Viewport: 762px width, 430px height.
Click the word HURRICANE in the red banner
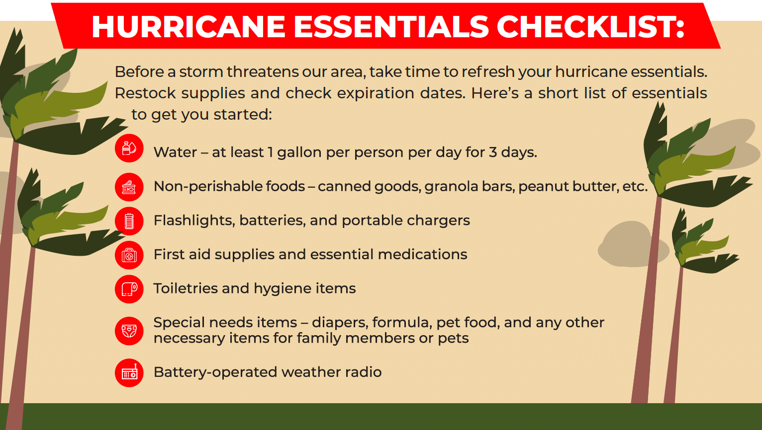point(189,26)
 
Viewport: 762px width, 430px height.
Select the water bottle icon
point(129,148)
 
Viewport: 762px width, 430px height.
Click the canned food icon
point(129,187)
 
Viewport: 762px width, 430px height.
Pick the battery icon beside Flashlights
point(129,221)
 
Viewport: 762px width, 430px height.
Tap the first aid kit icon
point(129,255)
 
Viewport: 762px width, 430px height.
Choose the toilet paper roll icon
point(129,289)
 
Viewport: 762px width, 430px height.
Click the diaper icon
point(129,331)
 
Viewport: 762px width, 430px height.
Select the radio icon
point(129,373)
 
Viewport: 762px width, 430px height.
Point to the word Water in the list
point(175,152)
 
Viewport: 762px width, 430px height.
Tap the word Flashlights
point(194,221)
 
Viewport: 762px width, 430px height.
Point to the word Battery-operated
point(215,372)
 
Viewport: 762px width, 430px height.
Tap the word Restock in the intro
point(146,93)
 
